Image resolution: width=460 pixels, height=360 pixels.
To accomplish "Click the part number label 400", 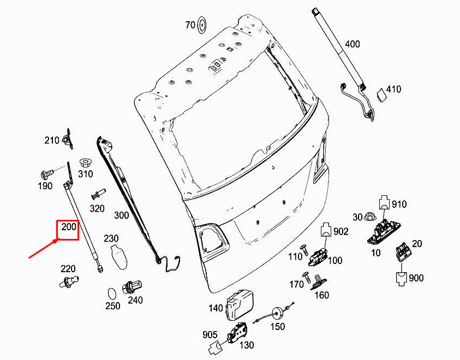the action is tap(353, 44).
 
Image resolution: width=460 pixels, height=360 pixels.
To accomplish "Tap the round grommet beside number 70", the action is tap(202, 25).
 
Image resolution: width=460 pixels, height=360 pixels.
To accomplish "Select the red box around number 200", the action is tap(68, 230).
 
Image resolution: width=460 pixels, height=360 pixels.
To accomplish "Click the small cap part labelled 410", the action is tap(381, 94).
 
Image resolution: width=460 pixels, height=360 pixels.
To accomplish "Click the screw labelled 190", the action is tap(47, 173).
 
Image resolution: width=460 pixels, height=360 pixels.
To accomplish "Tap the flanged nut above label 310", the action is tap(85, 163).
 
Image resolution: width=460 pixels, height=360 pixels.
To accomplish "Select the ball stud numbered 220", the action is tap(69, 281).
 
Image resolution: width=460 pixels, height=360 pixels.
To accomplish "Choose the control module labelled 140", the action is tap(240, 305).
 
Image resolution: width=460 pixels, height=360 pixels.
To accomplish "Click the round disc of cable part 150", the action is tap(277, 314).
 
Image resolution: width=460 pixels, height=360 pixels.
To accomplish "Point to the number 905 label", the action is tap(210, 334).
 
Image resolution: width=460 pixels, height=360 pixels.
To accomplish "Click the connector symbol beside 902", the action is tap(326, 230).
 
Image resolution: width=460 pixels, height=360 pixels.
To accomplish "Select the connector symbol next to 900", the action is tap(402, 279).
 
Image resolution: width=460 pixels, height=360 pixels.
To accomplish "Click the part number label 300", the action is tap(122, 215).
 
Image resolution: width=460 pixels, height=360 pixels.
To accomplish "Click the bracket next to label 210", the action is tap(68, 139).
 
